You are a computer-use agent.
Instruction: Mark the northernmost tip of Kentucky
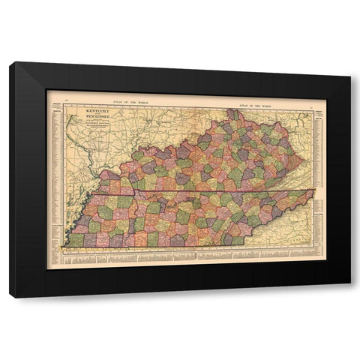point(233,110)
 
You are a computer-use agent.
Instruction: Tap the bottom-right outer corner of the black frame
point(350,298)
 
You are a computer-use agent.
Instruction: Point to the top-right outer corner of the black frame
point(350,63)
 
